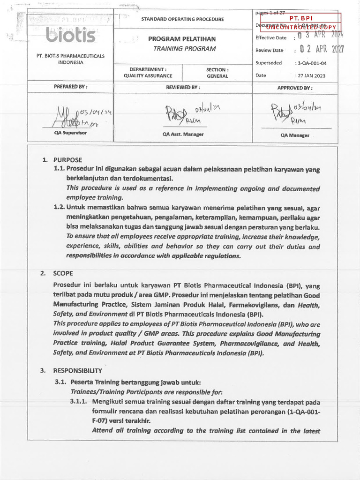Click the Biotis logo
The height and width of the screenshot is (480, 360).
click(71, 34)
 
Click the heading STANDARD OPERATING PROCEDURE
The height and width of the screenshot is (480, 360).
click(182, 19)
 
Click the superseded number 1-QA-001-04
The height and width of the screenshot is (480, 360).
click(310, 63)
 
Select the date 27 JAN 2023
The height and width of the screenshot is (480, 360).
click(311, 75)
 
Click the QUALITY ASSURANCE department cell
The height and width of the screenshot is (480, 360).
click(148, 75)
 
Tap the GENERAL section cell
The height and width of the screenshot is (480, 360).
click(217, 76)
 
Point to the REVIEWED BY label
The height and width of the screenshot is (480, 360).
click(183, 87)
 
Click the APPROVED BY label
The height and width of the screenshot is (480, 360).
click(295, 88)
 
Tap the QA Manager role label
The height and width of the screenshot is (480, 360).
click(295, 135)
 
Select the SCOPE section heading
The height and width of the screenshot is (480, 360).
click(63, 273)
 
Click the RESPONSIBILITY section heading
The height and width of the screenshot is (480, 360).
click(77, 370)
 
